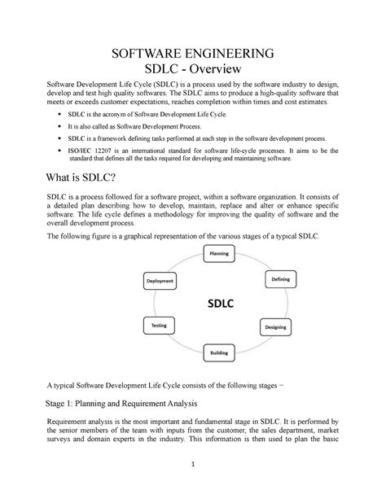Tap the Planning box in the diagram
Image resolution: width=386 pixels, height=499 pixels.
(x=219, y=254)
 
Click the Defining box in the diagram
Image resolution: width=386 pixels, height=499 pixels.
(x=280, y=279)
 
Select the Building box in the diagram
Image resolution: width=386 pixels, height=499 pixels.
(x=219, y=352)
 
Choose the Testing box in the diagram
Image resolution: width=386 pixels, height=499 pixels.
(x=159, y=326)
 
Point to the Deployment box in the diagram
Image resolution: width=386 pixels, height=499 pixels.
(x=160, y=280)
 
